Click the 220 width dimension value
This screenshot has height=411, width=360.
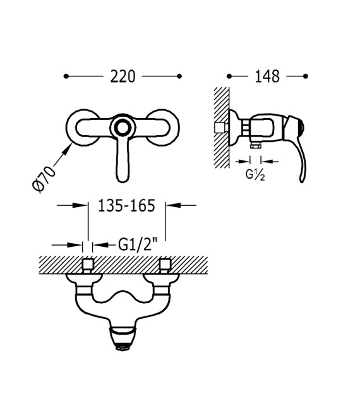123,76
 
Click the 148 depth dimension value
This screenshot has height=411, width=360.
267,76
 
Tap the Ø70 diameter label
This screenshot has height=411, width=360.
44,179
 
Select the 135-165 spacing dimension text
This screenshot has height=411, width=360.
126,206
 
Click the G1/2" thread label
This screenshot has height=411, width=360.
138,245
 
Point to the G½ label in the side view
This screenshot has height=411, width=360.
255,175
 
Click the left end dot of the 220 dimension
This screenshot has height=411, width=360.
66,76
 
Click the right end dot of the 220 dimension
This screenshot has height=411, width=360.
179,76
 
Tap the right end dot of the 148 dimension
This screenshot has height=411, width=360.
305,76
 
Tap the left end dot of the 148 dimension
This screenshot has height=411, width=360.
229,76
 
